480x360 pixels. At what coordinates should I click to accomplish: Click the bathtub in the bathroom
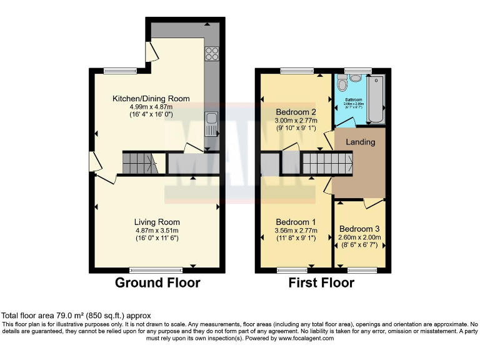tap(376, 99)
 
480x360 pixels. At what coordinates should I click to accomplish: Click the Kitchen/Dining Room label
tap(151, 99)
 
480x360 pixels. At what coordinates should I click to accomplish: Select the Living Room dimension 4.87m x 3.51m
tap(157, 230)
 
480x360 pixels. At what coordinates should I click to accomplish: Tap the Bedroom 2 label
tap(297, 112)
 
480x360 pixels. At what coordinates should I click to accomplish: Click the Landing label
tap(361, 142)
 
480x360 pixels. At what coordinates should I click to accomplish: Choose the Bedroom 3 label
tap(359, 229)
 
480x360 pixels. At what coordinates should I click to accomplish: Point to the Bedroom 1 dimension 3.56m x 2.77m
tap(296, 230)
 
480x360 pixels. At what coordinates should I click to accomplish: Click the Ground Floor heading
tap(157, 283)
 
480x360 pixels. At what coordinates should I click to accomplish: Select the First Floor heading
tap(321, 283)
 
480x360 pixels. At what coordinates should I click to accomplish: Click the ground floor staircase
tap(139, 164)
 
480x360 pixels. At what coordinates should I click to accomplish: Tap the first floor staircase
tap(327, 165)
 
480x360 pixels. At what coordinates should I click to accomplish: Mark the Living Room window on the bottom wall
tap(156, 270)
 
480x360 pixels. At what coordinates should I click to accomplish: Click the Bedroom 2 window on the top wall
tap(297, 70)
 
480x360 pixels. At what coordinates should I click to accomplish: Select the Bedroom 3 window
tap(358, 270)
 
